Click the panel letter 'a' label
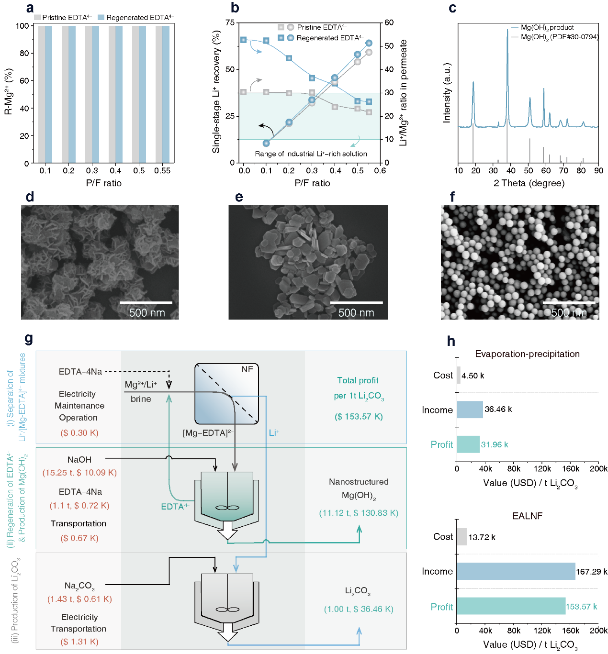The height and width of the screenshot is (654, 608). [x=30, y=8]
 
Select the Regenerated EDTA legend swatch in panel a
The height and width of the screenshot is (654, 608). [x=101, y=18]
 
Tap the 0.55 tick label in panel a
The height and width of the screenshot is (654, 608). [x=162, y=171]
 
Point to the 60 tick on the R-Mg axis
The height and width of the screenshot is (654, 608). [x=24, y=81]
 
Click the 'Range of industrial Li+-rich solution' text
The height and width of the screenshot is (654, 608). [x=311, y=154]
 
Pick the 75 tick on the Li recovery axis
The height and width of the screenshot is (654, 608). [x=230, y=22]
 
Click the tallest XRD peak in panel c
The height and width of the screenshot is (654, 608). [x=507, y=31]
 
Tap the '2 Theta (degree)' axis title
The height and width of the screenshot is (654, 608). [x=529, y=183]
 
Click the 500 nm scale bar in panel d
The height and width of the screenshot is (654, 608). [x=146, y=302]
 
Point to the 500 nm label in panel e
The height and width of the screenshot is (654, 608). [x=356, y=313]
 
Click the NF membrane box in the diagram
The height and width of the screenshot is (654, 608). [x=226, y=394]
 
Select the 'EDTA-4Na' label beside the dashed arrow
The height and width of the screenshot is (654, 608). [x=80, y=372]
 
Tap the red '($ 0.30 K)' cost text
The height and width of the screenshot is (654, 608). [x=79, y=433]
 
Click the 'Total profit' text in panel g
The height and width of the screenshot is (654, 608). [x=358, y=380]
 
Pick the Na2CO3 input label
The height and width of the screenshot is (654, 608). [x=79, y=586]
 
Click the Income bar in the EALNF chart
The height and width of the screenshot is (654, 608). [x=516, y=571]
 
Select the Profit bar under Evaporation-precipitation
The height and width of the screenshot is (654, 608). [x=468, y=444]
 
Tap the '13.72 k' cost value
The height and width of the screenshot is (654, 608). [x=482, y=537]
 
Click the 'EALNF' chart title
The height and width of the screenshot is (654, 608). [x=527, y=516]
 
